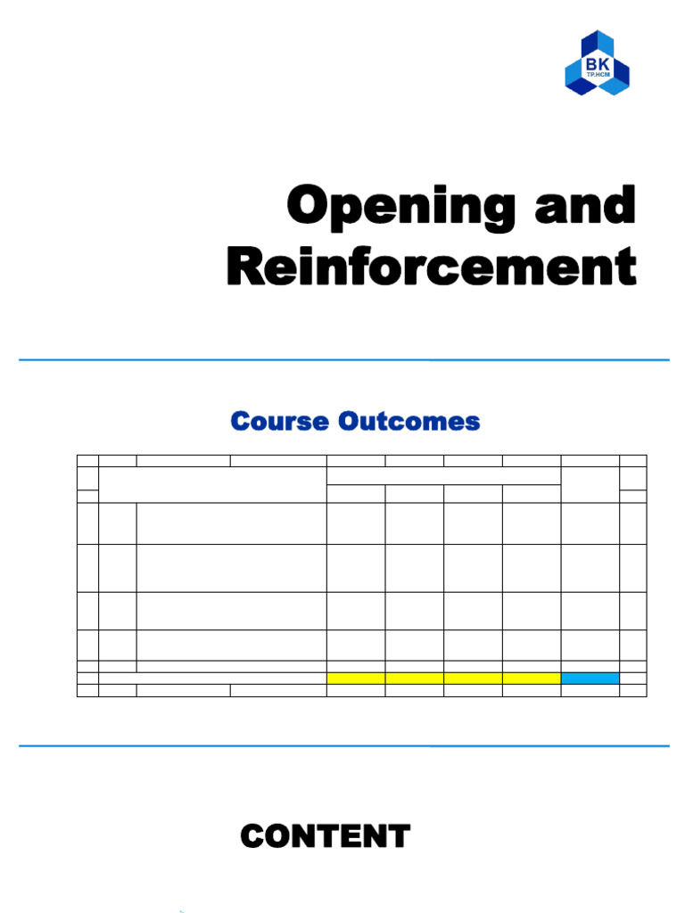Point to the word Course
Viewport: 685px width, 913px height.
pos(279,421)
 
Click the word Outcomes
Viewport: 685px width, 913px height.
pos(409,421)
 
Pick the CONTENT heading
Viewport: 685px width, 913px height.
pos(326,836)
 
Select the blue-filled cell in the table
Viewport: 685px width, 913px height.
pos(590,679)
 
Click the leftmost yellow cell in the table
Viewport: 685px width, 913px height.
pos(356,679)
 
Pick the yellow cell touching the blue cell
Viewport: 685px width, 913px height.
pos(532,679)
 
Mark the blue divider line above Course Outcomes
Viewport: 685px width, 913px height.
pos(343,360)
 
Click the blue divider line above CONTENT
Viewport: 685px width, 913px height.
pos(343,746)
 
